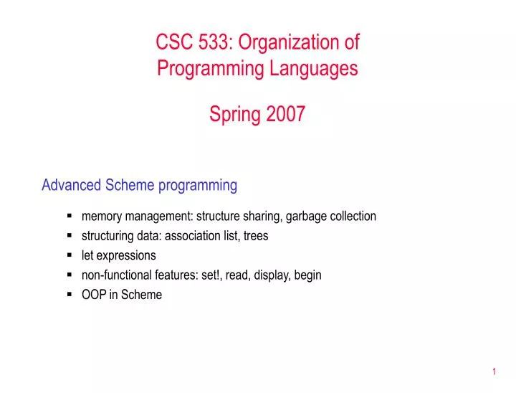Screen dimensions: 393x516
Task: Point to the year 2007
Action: [286, 114]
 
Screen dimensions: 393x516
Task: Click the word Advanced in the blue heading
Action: [72, 185]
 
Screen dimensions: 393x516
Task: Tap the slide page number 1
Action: [494, 371]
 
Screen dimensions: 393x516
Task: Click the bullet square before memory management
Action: [70, 215]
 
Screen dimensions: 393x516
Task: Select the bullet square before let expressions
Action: [70, 255]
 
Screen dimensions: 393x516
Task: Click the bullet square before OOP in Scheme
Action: [70, 294]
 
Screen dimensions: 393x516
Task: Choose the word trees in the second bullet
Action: [256, 235]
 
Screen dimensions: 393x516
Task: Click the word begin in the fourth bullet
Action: [308, 275]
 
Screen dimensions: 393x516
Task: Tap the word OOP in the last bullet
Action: [94, 295]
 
